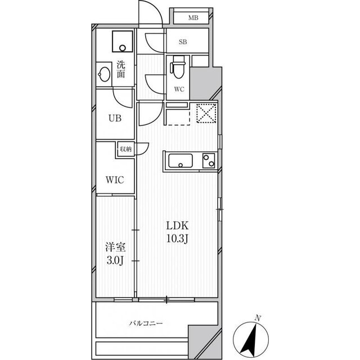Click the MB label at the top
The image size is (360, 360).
(x=193, y=18)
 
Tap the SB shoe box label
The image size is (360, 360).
(x=183, y=42)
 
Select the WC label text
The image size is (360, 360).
(x=178, y=89)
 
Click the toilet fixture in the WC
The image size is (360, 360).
(x=178, y=70)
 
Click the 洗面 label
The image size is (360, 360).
(x=121, y=69)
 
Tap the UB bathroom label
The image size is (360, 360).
(x=114, y=118)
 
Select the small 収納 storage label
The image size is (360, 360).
(x=125, y=149)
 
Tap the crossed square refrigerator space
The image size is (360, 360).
(x=206, y=114)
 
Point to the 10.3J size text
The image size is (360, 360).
(x=177, y=238)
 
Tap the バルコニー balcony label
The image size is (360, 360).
(x=146, y=323)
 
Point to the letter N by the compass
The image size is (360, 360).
(x=258, y=319)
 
